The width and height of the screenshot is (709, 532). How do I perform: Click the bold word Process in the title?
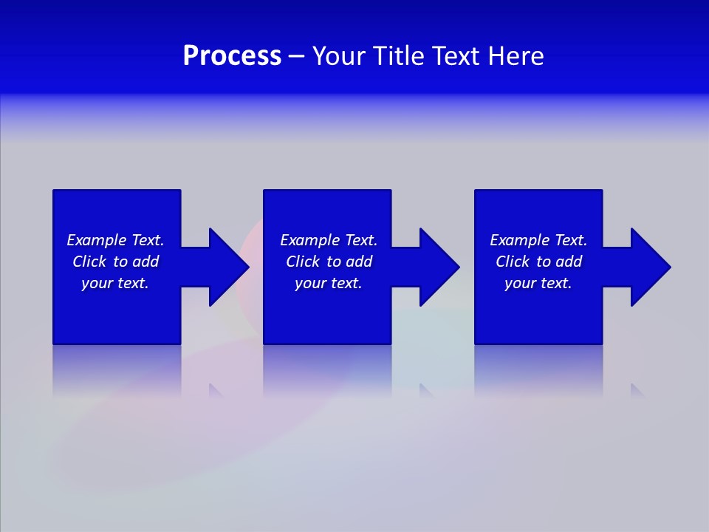[232, 56]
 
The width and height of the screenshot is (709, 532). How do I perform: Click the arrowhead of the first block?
[227, 267]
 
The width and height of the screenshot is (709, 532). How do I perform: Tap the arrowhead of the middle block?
[438, 267]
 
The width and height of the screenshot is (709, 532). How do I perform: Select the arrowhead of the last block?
[649, 267]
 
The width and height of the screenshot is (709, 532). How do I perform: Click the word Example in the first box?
[97, 240]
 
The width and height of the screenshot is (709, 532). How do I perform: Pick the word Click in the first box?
[89, 262]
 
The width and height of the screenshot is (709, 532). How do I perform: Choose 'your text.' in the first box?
[115, 283]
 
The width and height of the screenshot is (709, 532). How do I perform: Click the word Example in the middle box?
[310, 240]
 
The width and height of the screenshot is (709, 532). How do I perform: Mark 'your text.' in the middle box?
[328, 283]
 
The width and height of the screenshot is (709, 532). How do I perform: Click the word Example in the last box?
[520, 240]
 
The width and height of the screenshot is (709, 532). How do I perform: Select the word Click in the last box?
[513, 262]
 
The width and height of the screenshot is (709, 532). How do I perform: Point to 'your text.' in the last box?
[538, 283]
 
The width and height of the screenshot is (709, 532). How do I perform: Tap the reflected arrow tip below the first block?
[216, 390]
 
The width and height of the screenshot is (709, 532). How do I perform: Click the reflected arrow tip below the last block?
[637, 390]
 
